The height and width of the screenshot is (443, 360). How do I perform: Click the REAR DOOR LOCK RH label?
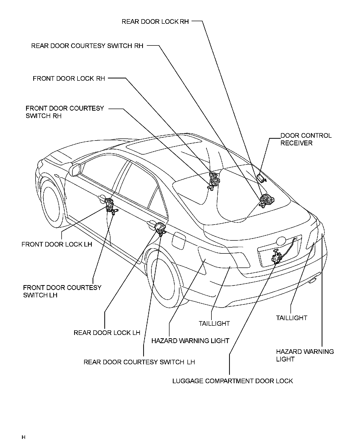[155, 21]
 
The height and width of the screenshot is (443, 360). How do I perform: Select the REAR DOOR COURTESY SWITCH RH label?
[87, 46]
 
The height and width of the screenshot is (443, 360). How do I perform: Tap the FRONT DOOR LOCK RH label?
[69, 78]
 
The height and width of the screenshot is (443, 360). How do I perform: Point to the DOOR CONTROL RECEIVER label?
[306, 139]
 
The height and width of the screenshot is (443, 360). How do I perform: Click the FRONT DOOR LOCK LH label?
[57, 244]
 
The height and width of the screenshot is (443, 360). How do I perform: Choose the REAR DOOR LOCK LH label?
[107, 333]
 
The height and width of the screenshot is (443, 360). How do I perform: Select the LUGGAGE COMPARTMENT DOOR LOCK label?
[232, 381]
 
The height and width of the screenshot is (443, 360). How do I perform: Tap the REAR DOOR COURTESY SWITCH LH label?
[139, 362]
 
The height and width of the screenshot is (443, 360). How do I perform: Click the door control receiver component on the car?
[261, 178]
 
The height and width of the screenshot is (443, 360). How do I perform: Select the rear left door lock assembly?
[160, 228]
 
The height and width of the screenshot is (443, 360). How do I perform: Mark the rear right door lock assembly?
[266, 200]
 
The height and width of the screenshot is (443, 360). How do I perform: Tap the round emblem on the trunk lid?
[281, 241]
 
